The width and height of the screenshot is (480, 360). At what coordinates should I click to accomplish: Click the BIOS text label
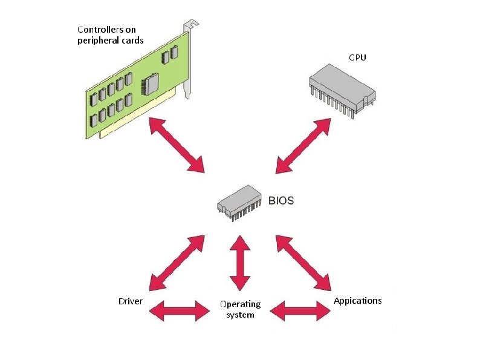pos(281,200)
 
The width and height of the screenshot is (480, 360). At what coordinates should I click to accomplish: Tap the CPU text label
pos(357,57)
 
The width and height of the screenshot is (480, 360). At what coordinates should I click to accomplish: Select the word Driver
pos(130,301)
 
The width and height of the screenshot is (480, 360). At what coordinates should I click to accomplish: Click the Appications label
pos(358,301)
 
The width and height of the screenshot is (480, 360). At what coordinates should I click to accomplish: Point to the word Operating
pos(240,304)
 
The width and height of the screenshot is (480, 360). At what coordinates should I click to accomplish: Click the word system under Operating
pos(240,315)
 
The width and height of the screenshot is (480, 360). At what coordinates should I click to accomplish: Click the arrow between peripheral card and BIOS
pos(177,145)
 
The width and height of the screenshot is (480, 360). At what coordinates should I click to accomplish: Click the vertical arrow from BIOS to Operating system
pos(240,263)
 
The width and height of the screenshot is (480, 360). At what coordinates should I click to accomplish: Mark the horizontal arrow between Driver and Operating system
pos(178,311)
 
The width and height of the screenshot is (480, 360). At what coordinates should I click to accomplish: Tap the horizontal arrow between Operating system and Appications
pos(300,311)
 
